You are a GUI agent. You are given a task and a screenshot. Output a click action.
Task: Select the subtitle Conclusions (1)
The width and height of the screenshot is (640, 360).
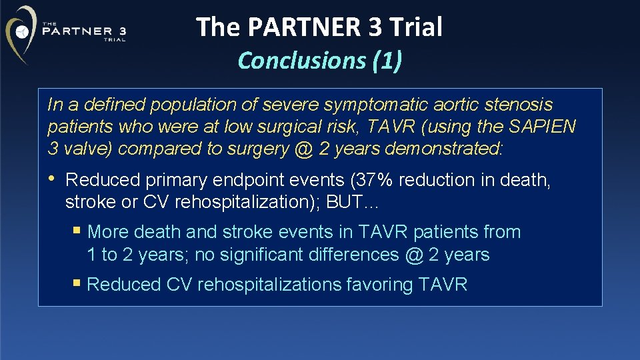(319, 60)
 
